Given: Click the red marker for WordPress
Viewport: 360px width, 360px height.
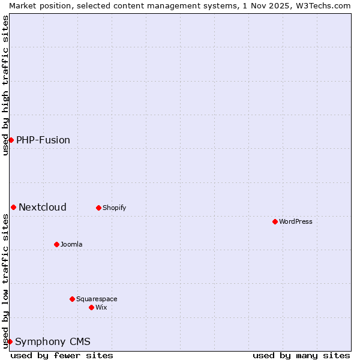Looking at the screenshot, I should click(275, 221).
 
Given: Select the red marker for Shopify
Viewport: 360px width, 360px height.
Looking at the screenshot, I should click(98, 208).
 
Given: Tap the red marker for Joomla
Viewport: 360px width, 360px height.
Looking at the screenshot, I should click(56, 244).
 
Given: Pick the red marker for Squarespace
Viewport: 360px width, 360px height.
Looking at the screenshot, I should click(72, 299).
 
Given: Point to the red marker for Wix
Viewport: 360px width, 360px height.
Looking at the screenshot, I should click(91, 307).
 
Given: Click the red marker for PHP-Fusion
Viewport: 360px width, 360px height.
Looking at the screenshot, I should click(11, 140).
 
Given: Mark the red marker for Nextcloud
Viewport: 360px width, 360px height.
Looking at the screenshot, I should click(13, 207).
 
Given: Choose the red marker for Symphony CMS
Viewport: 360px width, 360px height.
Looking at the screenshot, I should click(10, 341).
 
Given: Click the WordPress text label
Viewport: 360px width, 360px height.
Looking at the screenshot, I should click(296, 221).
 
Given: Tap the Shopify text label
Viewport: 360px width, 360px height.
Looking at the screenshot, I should click(115, 208).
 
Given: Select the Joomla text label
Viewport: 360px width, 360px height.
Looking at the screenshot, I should click(71, 244).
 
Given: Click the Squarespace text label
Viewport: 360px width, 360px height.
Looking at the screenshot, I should click(97, 299).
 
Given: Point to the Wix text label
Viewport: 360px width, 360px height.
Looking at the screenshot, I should click(101, 307).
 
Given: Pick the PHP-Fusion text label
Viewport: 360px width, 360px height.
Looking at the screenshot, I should click(43, 140).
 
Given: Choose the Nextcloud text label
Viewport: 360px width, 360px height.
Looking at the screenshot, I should click(43, 207).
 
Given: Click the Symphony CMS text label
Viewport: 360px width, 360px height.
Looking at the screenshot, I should click(53, 341).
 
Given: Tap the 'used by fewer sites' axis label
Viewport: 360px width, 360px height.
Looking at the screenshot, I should click(62, 355).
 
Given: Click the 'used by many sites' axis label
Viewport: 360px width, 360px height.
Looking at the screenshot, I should click(301, 355).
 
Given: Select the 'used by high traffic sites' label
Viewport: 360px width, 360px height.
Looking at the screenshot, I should click(5, 85).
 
